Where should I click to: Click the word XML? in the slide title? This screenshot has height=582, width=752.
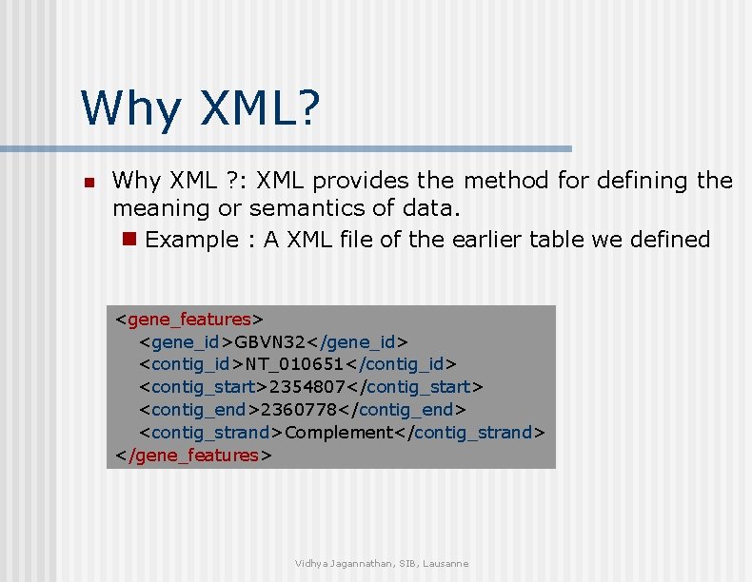tap(259, 107)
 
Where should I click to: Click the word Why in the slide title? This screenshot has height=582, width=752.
tap(131, 107)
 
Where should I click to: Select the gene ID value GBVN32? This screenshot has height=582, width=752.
tap(271, 341)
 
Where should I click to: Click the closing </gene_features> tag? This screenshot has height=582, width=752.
tap(193, 456)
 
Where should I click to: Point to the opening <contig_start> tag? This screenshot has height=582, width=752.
tap(204, 387)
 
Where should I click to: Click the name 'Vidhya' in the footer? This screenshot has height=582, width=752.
tap(311, 564)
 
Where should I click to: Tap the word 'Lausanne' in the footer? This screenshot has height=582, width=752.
tap(446, 564)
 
